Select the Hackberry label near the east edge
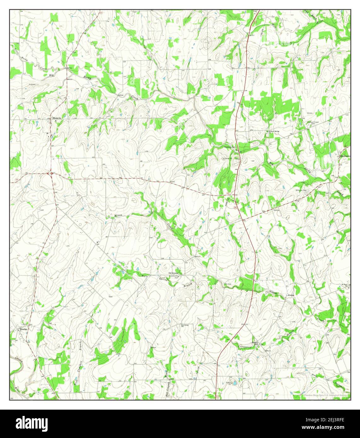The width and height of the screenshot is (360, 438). pyautogui.click(x=345, y=156)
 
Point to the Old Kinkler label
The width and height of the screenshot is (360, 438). pyautogui.click(x=174, y=273)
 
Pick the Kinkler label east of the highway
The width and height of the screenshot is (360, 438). pyautogui.click(x=291, y=295)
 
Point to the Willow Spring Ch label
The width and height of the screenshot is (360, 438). pyautogui.click(x=273, y=131)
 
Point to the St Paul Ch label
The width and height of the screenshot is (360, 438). pyautogui.click(x=345, y=285)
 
